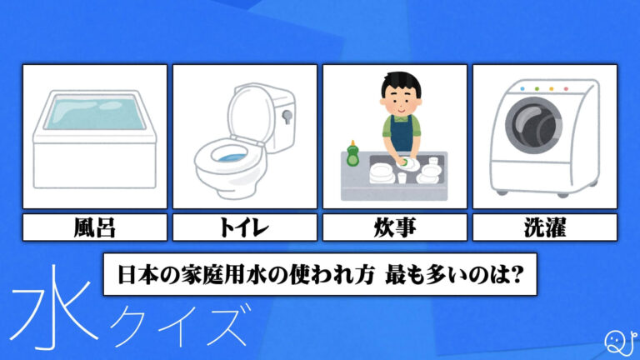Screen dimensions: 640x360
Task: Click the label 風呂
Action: [x=95, y=227]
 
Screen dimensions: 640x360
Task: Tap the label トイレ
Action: [x=244, y=227]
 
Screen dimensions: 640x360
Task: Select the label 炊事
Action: [x=395, y=227]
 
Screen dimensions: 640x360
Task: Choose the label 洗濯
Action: [x=545, y=227]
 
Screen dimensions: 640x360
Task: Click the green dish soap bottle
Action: [x=352, y=154]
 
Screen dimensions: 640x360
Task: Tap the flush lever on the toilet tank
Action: [x=287, y=117]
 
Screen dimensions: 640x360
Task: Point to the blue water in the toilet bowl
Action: [x=231, y=157]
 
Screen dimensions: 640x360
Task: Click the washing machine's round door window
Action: [x=534, y=125]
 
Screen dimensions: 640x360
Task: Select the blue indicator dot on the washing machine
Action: [x=522, y=88]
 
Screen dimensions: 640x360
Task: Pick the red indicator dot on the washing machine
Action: [x=566, y=88]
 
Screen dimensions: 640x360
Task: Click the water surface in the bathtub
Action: [x=95, y=113]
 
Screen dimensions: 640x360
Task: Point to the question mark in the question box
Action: [x=517, y=275]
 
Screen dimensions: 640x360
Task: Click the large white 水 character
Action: [x=53, y=307]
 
